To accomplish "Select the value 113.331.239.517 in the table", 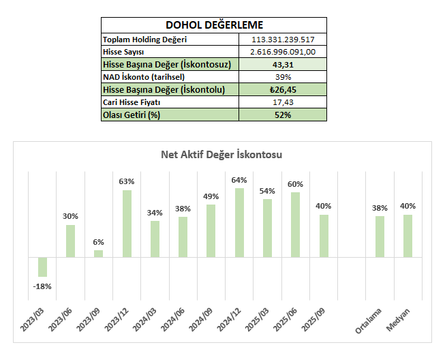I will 283,40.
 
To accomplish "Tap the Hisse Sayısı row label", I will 123,52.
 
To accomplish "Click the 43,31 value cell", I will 283,64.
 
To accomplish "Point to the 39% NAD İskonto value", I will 283,77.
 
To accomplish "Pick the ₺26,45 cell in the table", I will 283,89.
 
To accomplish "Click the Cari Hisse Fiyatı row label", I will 131,102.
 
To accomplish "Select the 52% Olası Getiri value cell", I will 283,115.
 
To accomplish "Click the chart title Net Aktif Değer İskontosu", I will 221,155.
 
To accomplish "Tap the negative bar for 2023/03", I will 42,267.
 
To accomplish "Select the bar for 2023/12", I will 127,224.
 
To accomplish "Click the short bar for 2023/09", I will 98,254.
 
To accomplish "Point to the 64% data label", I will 239,180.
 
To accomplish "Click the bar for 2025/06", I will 295,225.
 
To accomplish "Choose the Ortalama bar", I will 380,237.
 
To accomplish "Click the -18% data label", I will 42,285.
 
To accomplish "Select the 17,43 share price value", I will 283,102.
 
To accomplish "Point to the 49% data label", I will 211,196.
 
